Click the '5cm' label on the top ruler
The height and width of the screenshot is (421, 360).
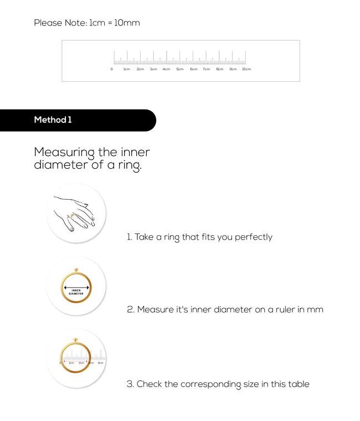pyautogui.click(x=180, y=69)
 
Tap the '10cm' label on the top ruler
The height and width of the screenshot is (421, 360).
pyautogui.click(x=246, y=69)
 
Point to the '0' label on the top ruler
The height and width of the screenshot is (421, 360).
pyautogui.click(x=111, y=69)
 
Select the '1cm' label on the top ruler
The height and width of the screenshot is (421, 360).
pyautogui.click(x=127, y=69)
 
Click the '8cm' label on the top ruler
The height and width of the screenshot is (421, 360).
pyautogui.click(x=220, y=69)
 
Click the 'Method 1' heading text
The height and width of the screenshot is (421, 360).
pyautogui.click(x=53, y=120)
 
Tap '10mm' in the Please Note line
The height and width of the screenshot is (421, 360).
pyautogui.click(x=127, y=23)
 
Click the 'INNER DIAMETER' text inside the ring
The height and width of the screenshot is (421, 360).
pyautogui.click(x=76, y=292)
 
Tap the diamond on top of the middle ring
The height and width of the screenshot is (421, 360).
pyautogui.click(x=76, y=270)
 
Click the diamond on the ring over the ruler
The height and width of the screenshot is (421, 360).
pyautogui.click(x=76, y=339)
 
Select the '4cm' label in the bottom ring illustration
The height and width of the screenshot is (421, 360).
pyautogui.click(x=100, y=363)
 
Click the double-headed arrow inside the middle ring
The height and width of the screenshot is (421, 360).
pyautogui.click(x=76, y=288)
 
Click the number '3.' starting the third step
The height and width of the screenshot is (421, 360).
pyautogui.click(x=130, y=384)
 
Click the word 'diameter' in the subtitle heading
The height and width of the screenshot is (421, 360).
pyautogui.click(x=60, y=165)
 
